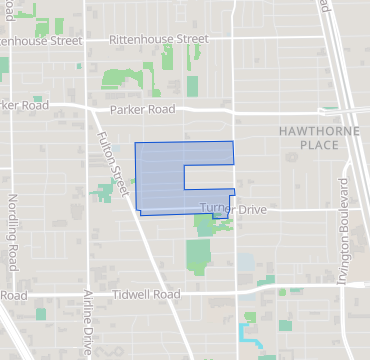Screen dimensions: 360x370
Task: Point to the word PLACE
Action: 312,145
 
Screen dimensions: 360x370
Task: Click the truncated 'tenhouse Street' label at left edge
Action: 40,41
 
